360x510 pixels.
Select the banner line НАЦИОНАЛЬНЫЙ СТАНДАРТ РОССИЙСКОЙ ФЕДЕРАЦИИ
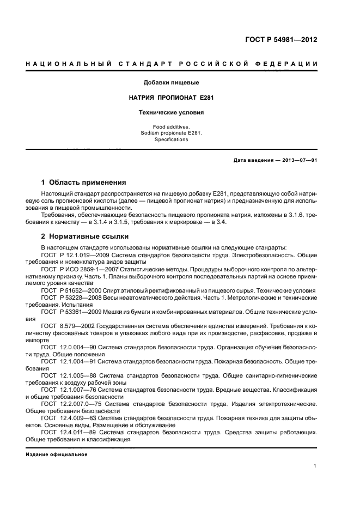[172, 65]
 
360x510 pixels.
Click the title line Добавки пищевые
[171, 83]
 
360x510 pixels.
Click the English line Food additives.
[171, 126]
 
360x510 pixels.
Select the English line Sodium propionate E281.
[171, 132]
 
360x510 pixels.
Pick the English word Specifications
[171, 139]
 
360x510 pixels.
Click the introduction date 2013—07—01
[298, 160]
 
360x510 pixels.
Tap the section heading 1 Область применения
[84, 183]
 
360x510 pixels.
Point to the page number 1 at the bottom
[315, 466]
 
